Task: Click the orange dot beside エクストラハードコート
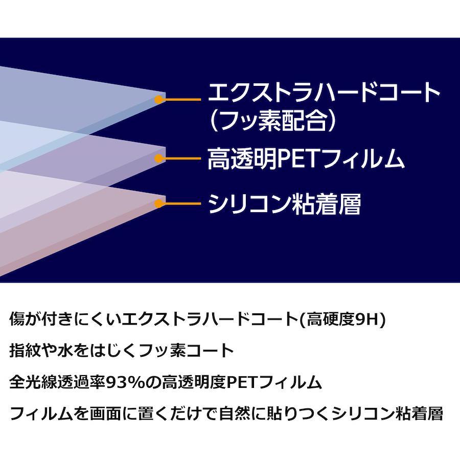click(x=159, y=100)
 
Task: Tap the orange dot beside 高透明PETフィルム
click(x=159, y=158)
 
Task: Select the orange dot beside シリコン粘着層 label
click(x=159, y=203)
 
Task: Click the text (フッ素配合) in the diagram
click(x=272, y=121)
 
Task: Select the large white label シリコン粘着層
click(x=284, y=204)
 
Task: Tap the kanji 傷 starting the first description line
click(x=17, y=319)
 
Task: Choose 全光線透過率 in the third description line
click(x=58, y=382)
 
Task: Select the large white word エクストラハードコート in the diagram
click(x=324, y=91)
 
